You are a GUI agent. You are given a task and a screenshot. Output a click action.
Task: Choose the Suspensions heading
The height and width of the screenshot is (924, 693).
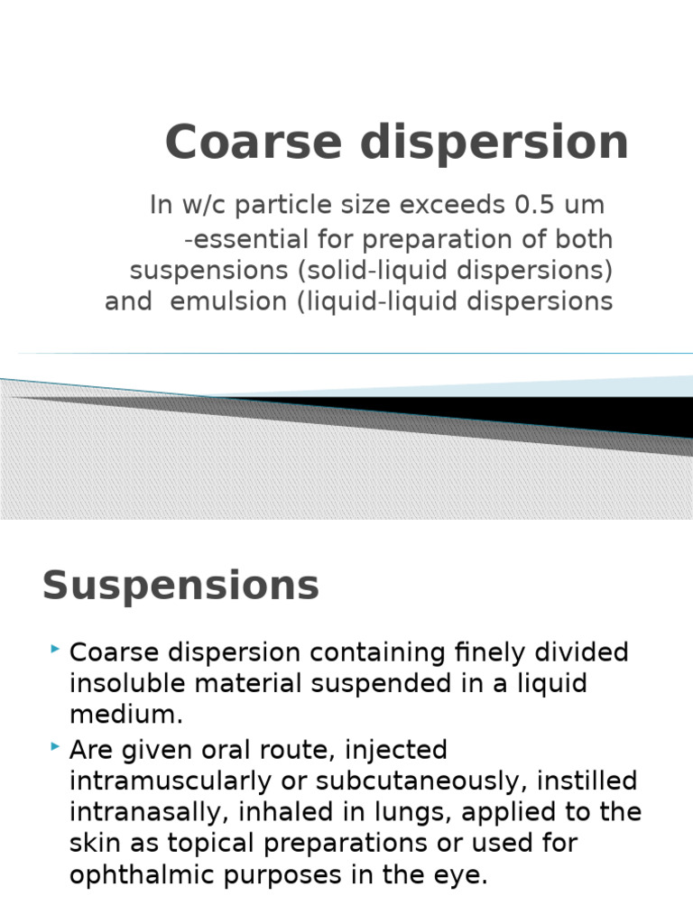click(180, 585)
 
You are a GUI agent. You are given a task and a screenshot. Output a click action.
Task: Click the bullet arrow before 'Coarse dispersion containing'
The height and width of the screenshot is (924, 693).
click(56, 649)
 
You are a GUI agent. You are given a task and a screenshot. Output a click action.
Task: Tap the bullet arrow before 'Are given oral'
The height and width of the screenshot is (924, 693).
click(56, 746)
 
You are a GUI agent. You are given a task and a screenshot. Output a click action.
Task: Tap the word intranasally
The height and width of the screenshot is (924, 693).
click(150, 812)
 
